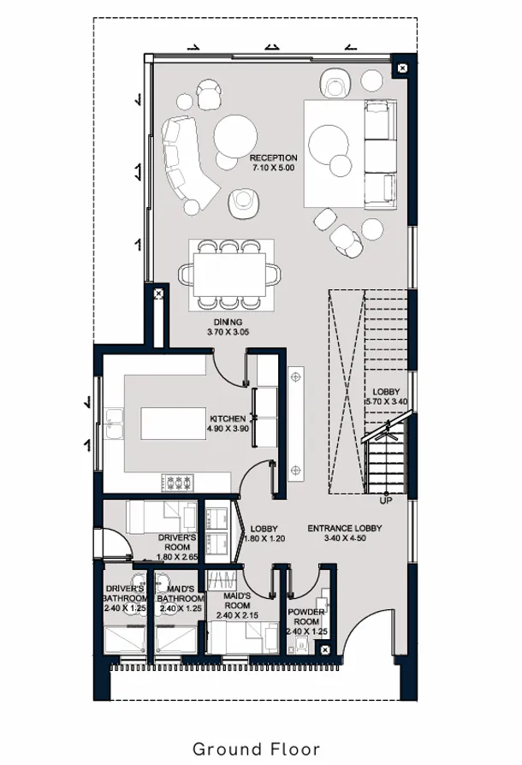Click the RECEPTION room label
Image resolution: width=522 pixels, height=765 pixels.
pos(273,158)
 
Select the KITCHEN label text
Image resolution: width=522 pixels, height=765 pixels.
pos(228,418)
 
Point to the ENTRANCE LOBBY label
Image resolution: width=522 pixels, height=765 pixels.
pos(344,528)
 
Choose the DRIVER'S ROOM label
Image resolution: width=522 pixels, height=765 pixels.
pos(177,538)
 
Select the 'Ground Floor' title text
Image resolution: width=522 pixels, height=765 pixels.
pos(257,749)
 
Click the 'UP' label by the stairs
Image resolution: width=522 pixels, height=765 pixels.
pos(386,500)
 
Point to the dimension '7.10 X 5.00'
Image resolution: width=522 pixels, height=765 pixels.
pos(273,169)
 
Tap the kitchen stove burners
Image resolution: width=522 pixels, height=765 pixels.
pos(178,483)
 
